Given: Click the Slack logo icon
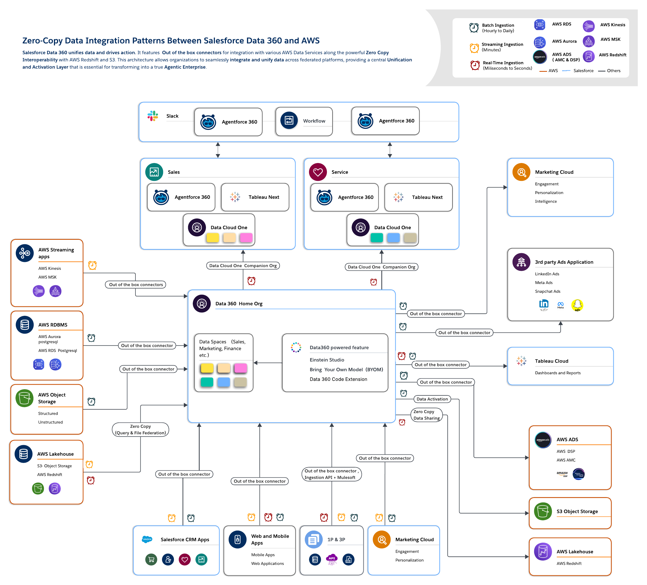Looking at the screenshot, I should click(x=153, y=116).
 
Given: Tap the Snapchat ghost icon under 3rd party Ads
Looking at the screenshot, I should click(x=577, y=304).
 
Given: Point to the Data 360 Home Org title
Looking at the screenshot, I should click(x=239, y=304).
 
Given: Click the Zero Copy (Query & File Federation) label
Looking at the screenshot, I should click(x=140, y=429).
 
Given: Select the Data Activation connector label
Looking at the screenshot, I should click(x=432, y=399).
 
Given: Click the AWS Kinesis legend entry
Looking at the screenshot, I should click(x=612, y=25).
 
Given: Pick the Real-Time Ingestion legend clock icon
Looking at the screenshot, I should click(x=475, y=65).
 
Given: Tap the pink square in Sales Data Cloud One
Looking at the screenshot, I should click(x=246, y=238).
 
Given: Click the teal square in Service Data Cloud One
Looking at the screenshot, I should click(x=376, y=238).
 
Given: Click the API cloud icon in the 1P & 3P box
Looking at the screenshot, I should click(x=332, y=559).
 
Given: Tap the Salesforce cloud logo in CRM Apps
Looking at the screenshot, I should click(x=147, y=540).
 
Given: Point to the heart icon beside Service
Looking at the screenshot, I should click(x=317, y=172).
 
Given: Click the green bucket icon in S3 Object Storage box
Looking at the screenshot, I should click(x=542, y=511).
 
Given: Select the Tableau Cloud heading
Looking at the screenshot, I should click(x=551, y=361).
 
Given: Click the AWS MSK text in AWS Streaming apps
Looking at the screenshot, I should click(x=48, y=277).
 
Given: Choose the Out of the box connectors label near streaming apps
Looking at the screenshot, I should click(x=135, y=285).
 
